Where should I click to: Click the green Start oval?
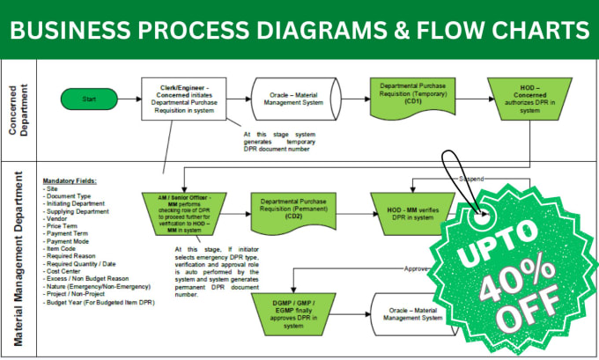(x=89, y=99)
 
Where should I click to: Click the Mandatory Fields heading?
(x=70, y=181)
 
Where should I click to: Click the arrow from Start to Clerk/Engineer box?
(x=129, y=99)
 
